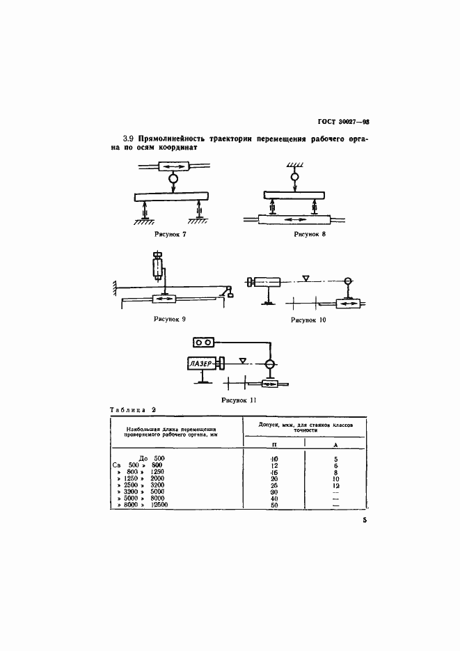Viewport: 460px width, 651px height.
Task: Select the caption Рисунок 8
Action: (310, 235)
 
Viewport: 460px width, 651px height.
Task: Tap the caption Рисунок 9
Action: (170, 319)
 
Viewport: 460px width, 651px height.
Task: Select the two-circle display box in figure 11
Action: (204, 343)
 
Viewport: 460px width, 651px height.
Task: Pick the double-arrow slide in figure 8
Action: (293, 219)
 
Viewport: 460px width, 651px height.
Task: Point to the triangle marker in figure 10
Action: (306, 279)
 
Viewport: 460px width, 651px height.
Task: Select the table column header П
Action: (274, 444)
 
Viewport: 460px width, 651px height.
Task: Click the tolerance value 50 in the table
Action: (274, 505)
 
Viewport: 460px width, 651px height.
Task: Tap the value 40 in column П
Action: (274, 498)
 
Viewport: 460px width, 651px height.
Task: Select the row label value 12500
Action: (161, 505)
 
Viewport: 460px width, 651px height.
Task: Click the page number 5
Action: (364, 520)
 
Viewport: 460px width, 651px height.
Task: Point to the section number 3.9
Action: (128, 139)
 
